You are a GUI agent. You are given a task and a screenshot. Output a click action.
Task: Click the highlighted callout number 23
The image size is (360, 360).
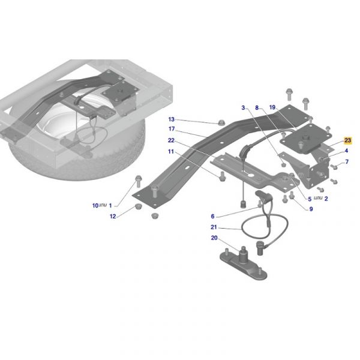[347, 140]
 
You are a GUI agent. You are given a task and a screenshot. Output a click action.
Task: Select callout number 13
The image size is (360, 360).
[172, 119]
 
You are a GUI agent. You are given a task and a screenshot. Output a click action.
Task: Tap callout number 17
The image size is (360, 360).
[172, 129]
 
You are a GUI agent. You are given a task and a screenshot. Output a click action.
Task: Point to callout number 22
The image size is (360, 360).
[171, 140]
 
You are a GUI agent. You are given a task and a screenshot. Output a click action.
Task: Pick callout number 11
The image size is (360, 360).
[171, 152]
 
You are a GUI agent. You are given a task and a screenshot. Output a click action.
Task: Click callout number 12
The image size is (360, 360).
[113, 216]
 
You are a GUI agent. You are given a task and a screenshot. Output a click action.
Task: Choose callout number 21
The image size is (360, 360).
[214, 227]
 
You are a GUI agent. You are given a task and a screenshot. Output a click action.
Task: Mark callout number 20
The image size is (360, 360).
[214, 238]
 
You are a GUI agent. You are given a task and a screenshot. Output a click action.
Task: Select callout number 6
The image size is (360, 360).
[212, 216]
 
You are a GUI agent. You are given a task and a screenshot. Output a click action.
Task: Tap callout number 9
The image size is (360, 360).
[311, 209]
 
